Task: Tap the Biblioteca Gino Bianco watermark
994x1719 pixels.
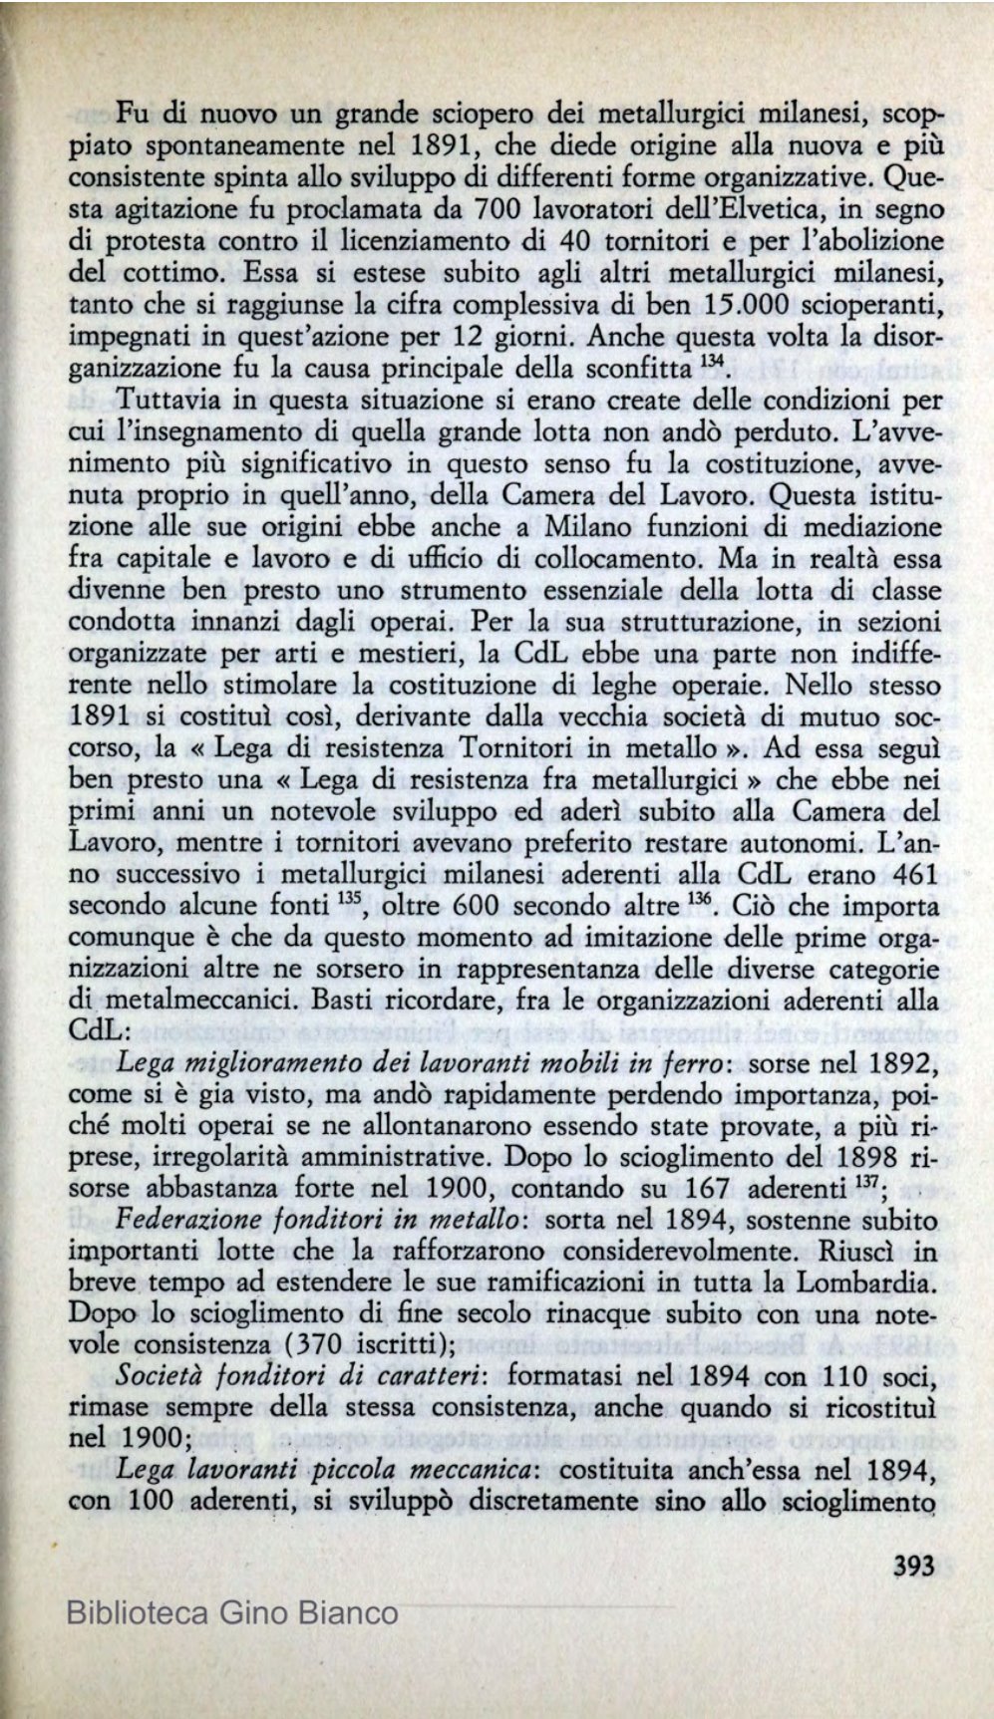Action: point(231,1612)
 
